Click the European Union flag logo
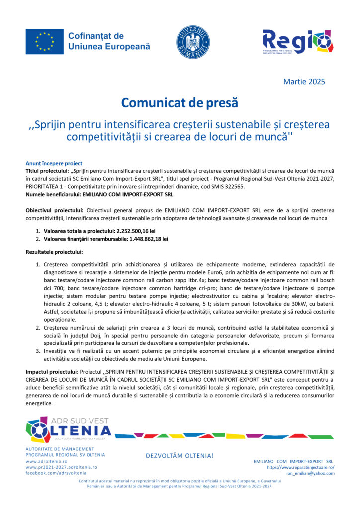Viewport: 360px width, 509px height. (x=44, y=42)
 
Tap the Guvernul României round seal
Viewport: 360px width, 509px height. (x=193, y=42)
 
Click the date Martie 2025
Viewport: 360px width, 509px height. (x=304, y=81)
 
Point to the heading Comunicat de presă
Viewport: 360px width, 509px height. (x=180, y=103)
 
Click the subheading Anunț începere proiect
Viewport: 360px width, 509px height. (x=54, y=163)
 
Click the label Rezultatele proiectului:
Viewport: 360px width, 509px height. (x=54, y=252)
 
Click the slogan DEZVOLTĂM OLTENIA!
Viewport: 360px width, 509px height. (x=180, y=456)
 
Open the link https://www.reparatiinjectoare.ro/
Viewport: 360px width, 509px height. (x=300, y=467)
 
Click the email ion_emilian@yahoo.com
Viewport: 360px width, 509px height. (x=310, y=473)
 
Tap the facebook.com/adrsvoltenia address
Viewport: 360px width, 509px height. (x=56, y=473)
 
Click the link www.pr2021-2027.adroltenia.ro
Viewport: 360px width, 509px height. (x=61, y=467)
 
